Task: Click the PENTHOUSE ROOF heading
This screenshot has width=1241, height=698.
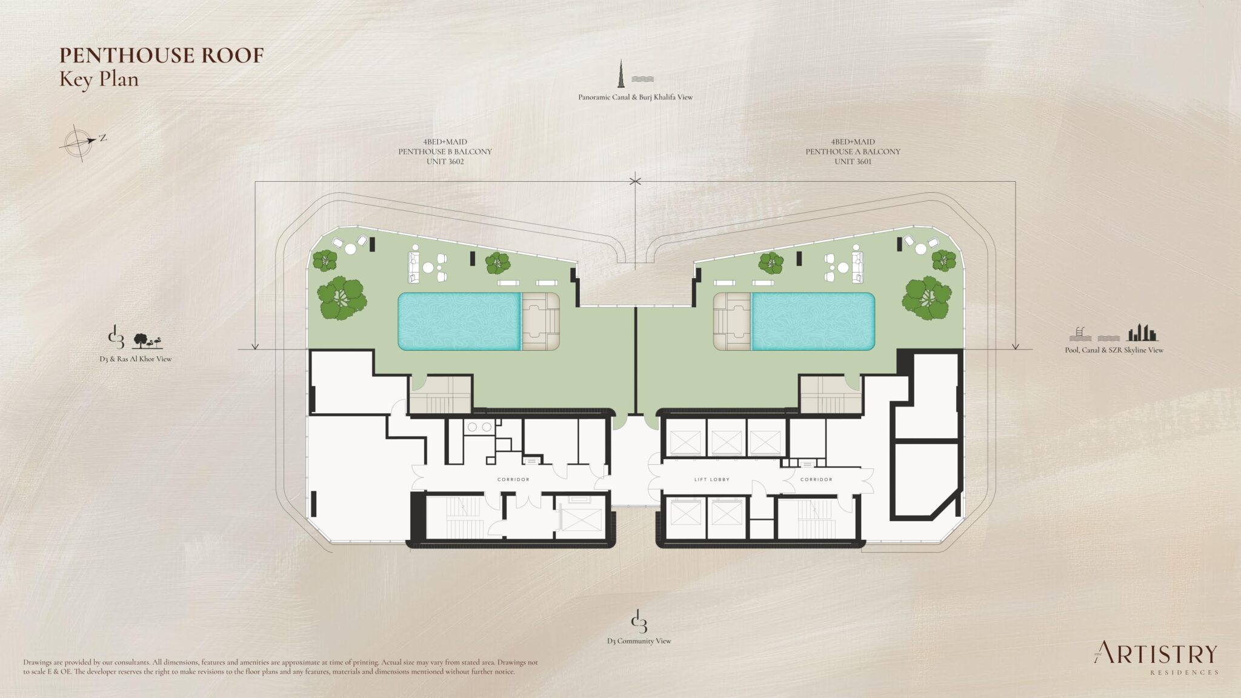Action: coord(161,55)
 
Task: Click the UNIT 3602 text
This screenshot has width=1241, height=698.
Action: coord(444,162)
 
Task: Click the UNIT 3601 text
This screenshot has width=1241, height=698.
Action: coord(852,162)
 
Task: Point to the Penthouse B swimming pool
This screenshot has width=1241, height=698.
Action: coord(459,321)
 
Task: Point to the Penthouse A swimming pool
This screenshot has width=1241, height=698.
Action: coord(813,321)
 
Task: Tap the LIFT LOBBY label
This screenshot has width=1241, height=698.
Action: coord(711,479)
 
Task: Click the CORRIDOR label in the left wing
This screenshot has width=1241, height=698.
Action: coord(513,479)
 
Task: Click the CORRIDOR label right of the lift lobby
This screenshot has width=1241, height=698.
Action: coord(816,479)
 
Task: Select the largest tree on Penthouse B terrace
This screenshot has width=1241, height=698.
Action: coord(341,298)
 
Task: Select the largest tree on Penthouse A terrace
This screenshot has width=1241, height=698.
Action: coord(925,298)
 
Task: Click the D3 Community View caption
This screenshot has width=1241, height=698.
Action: coord(639,641)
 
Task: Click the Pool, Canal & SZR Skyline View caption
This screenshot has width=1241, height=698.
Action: coord(1114,350)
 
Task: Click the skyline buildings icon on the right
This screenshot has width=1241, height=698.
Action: coord(1142,333)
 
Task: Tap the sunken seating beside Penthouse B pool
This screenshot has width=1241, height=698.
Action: coord(540,321)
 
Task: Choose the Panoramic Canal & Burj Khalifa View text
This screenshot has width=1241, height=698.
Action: coord(635,97)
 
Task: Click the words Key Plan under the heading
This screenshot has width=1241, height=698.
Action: coord(99,79)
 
